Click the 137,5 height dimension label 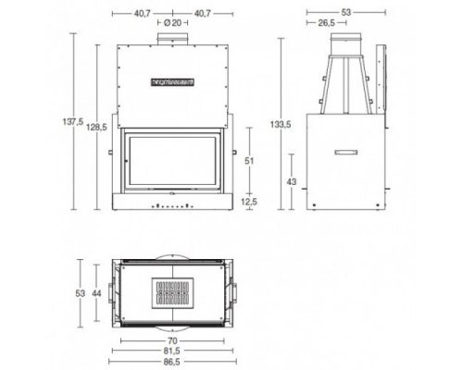[73, 121]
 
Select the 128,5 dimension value [96, 127]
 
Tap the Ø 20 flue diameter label [172, 22]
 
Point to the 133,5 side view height [281, 124]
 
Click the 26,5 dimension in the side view [326, 23]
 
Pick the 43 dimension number [292, 181]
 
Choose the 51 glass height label [249, 161]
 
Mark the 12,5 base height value [249, 202]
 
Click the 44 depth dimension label [96, 293]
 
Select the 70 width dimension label [172, 340]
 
